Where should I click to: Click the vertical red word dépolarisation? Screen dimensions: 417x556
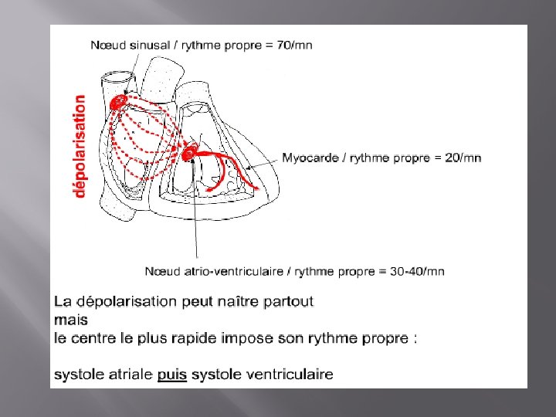point(80,146)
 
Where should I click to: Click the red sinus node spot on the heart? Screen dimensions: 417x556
point(118,103)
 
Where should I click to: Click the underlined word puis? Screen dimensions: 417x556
point(172,375)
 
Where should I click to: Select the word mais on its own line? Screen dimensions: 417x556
point(70,319)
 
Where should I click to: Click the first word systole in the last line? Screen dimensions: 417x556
point(75,375)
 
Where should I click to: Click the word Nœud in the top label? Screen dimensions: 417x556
point(107,45)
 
